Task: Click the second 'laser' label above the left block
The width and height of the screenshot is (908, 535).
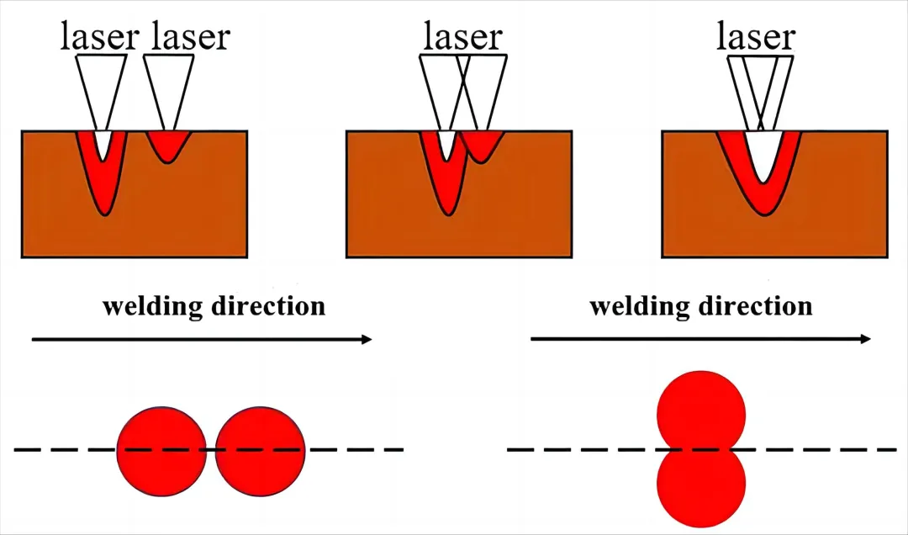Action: click(190, 37)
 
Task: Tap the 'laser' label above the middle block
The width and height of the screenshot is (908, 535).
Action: click(462, 37)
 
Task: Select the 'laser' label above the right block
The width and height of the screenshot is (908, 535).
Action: click(755, 37)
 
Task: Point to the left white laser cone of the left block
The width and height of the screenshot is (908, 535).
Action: click(101, 84)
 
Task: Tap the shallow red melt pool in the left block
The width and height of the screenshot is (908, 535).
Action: click(168, 146)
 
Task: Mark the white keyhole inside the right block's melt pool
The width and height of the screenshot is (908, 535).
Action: click(761, 156)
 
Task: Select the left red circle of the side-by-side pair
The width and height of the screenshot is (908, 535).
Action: click(161, 449)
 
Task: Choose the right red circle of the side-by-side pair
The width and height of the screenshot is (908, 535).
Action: click(261, 449)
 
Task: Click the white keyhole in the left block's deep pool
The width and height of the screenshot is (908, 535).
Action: click(103, 145)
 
